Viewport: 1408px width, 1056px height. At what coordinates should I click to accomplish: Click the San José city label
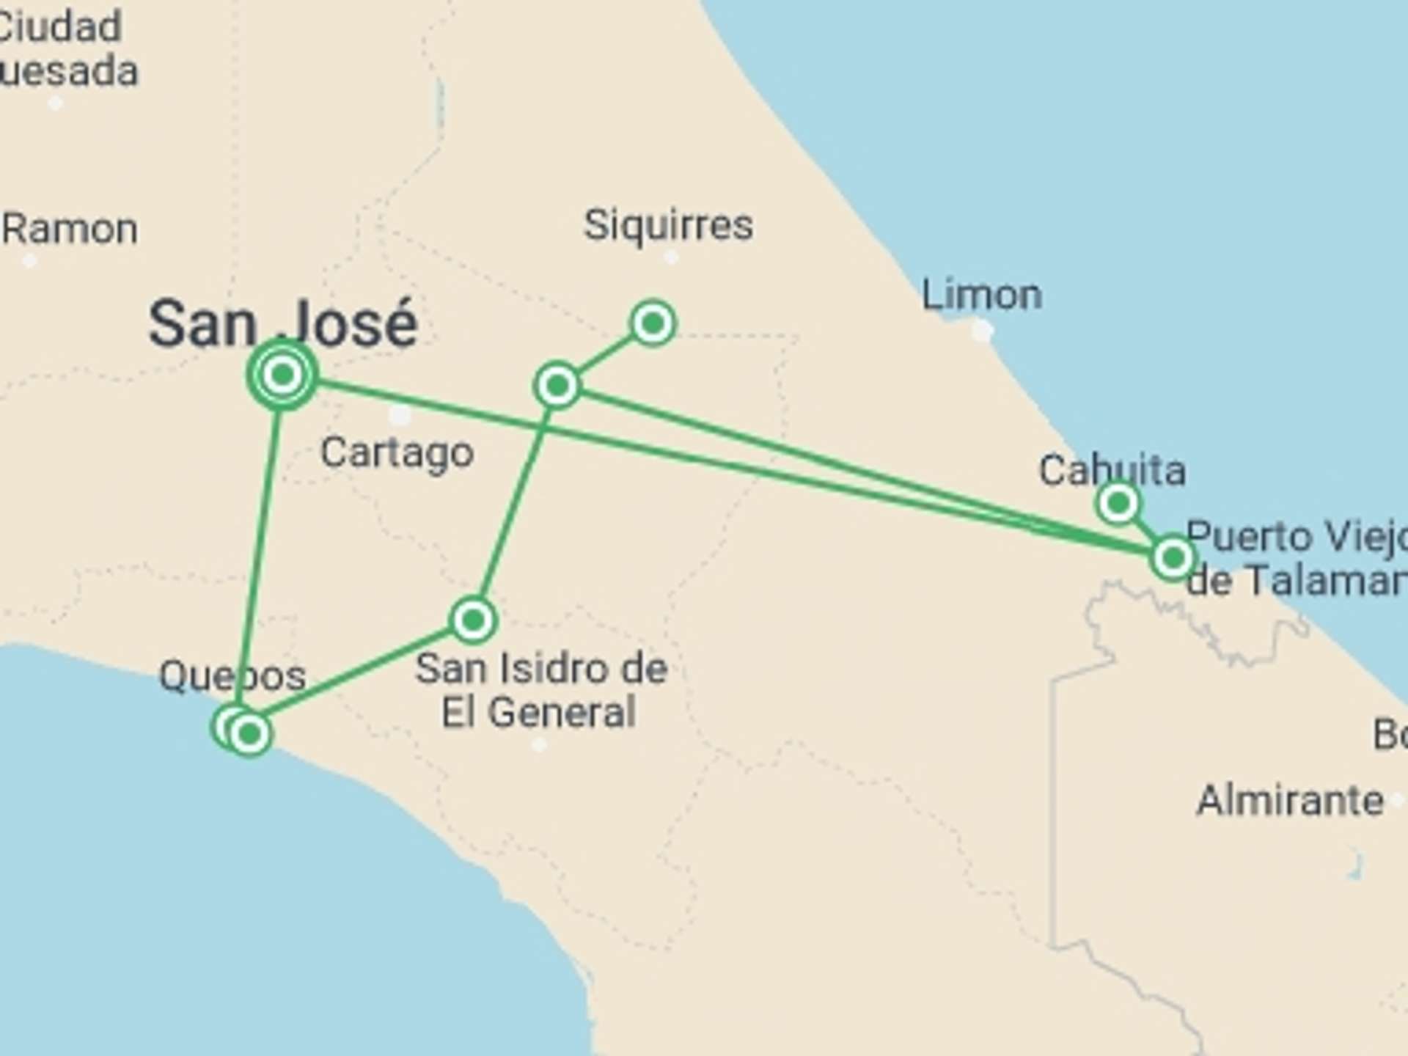pyautogui.click(x=283, y=323)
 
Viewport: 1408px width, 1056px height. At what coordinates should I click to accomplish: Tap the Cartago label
pyautogui.click(x=397, y=452)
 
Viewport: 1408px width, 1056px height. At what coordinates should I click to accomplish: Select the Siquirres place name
pyautogui.click(x=668, y=224)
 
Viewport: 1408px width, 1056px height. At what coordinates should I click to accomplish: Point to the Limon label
pyautogui.click(x=981, y=295)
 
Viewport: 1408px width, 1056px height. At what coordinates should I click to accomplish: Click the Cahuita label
pyautogui.click(x=1112, y=469)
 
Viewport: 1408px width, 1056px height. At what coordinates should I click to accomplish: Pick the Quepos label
pyautogui.click(x=232, y=675)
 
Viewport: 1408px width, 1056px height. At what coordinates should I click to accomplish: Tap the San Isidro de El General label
pyautogui.click(x=541, y=690)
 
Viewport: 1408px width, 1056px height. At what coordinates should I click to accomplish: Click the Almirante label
pyautogui.click(x=1290, y=799)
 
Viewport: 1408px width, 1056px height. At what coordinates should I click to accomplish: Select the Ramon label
pyautogui.click(x=69, y=229)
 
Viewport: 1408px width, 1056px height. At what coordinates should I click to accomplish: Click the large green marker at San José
pyautogui.click(x=282, y=375)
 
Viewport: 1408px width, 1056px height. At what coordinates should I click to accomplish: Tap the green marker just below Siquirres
pyautogui.click(x=653, y=323)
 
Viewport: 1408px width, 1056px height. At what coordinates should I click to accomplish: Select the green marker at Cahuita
pyautogui.click(x=1118, y=504)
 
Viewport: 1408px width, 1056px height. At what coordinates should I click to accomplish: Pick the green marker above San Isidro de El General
pyautogui.click(x=473, y=620)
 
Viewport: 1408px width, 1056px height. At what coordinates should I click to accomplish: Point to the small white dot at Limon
pyautogui.click(x=982, y=331)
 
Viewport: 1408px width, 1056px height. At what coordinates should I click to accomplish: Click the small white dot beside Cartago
pyautogui.click(x=400, y=416)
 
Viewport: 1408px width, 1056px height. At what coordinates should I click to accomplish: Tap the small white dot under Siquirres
pyautogui.click(x=671, y=257)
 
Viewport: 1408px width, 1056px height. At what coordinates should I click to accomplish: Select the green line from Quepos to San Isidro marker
pyautogui.click(x=359, y=678)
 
